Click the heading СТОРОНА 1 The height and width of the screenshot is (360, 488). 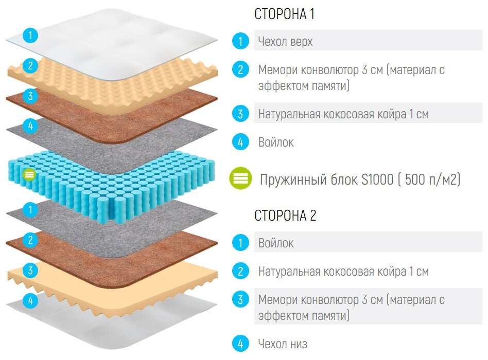pos(284,14)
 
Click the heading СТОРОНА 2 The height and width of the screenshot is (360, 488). pos(285,216)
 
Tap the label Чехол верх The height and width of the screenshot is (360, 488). pos(285,42)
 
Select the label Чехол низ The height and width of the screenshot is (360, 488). pos(283,343)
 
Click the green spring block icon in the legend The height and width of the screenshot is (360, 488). pos(241,178)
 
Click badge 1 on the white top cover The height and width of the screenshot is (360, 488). pos(31,35)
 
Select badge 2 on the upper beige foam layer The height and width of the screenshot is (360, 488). pos(31,66)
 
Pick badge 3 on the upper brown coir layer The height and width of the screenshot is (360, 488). pos(31,96)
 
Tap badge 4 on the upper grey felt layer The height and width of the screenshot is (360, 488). pos(31,125)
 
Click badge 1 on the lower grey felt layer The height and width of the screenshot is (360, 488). pos(31,210)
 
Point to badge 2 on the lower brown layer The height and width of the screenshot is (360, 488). pos(31,240)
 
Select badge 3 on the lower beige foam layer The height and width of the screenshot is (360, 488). pos(31,271)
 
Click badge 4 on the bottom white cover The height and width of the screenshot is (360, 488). pos(31,301)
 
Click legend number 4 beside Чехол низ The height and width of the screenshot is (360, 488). pos(240,343)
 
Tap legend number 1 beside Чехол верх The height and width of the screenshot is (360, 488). pos(240,41)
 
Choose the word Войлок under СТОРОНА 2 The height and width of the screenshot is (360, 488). pos(276,243)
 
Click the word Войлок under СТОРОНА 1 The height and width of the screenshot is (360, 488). pos(276,142)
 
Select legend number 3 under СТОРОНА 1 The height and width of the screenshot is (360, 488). pos(240,114)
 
